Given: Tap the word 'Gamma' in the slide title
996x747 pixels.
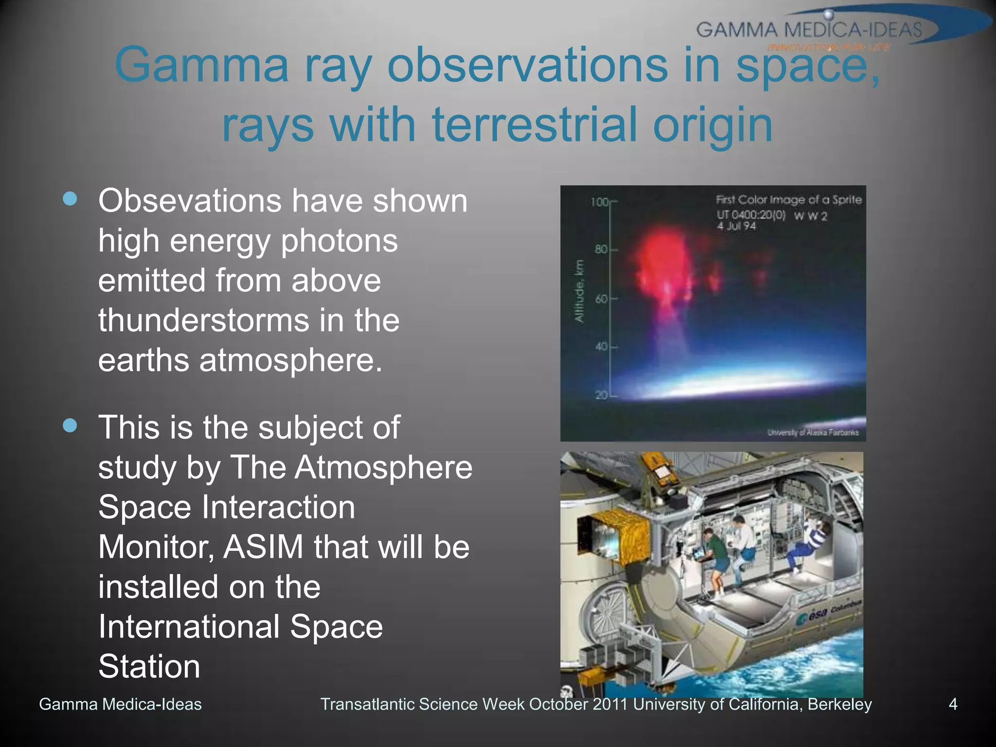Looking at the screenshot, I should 202,65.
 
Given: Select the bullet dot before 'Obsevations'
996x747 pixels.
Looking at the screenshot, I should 70,199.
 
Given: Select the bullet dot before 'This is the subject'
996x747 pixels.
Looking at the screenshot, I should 70,426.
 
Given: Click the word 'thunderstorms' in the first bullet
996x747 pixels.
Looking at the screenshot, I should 203,320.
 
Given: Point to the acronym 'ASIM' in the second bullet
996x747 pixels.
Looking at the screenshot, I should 263,547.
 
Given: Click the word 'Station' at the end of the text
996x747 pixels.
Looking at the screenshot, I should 149,667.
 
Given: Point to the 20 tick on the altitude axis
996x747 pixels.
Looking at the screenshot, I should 602,395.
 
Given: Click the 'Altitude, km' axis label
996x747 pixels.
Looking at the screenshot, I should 579,291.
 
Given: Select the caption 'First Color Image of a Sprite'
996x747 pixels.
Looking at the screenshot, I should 788,200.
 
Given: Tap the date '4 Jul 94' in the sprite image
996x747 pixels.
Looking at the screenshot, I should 736,226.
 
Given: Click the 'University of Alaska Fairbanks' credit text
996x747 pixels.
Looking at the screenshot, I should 813,432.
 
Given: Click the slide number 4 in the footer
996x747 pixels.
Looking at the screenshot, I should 953,704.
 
